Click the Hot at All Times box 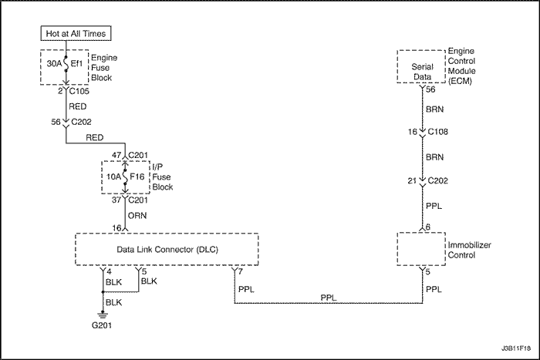[x=76, y=33]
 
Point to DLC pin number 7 [x=241, y=271]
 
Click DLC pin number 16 [x=117, y=227]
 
